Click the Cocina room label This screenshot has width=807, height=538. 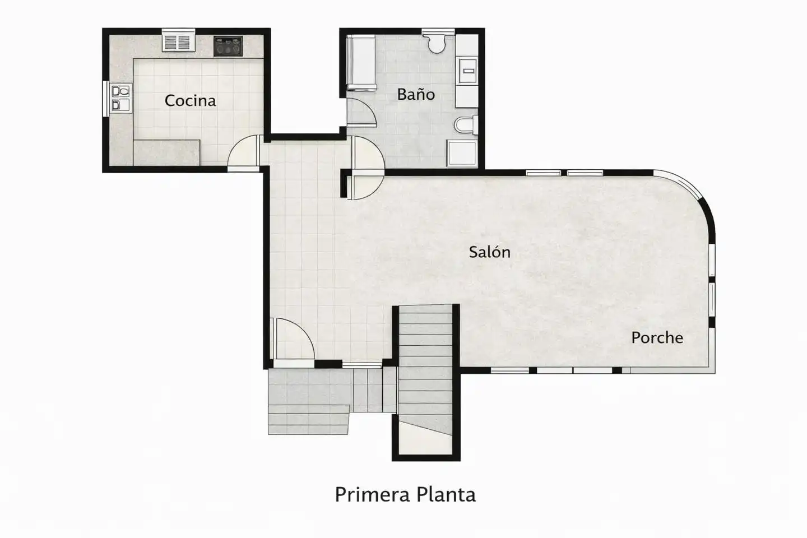click(x=190, y=100)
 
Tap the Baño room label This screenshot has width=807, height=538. click(x=416, y=94)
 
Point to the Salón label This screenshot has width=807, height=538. click(x=490, y=252)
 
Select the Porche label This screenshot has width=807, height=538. click(x=657, y=337)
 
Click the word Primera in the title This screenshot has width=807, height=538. click(x=373, y=494)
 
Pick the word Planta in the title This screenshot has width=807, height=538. click(x=446, y=494)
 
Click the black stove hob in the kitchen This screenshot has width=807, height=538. click(x=228, y=46)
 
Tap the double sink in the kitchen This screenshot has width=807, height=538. click(x=120, y=98)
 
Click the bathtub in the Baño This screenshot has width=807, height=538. click(x=361, y=63)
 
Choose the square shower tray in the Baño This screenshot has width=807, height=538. click(x=462, y=154)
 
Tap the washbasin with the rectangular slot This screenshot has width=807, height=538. click(x=468, y=71)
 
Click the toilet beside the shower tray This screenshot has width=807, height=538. click(x=466, y=125)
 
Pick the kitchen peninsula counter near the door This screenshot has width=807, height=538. click(x=166, y=153)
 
